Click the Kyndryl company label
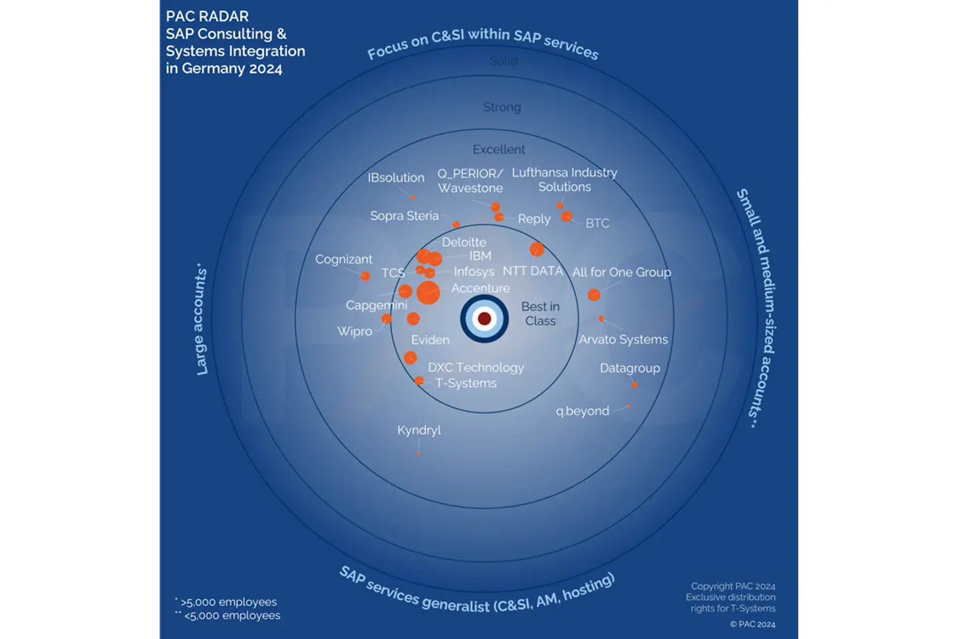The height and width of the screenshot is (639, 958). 419,430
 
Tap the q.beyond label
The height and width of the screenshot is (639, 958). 582,411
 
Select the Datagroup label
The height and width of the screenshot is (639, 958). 630,368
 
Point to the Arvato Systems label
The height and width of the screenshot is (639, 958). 623,339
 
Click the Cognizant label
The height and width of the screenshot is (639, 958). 343,260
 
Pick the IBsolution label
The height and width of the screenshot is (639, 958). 396,178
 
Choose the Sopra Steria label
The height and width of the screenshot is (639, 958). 404,216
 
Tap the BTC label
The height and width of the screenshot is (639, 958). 597,223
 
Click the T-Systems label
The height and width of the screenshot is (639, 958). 466,383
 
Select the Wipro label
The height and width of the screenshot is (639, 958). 355,331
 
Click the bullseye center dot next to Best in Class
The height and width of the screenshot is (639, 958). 484,319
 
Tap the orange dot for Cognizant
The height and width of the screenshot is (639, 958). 365,276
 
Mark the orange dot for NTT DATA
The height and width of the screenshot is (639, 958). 537,250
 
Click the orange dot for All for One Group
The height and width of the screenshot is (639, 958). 594,294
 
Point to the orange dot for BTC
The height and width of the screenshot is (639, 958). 566,216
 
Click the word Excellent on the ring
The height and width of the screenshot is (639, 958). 499,150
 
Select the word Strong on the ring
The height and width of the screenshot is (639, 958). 502,107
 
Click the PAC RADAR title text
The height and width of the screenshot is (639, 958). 208,17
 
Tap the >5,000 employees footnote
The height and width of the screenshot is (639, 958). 228,602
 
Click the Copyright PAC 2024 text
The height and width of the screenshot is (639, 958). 733,586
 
